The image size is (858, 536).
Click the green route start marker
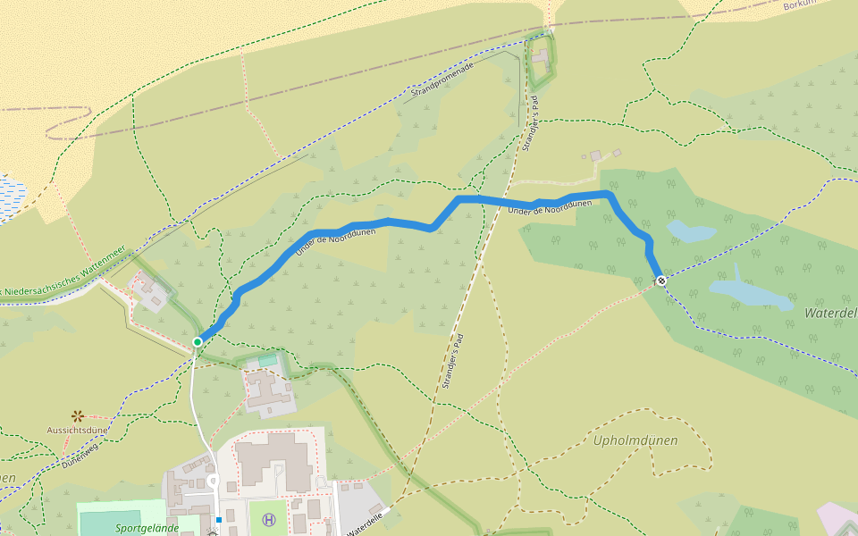(x=198, y=341)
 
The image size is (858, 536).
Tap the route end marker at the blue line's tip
(x=661, y=281)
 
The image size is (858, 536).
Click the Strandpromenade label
(x=442, y=80)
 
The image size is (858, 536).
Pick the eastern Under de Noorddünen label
(x=550, y=206)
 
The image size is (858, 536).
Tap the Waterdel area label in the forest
(x=830, y=314)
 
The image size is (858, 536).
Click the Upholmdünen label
(x=635, y=440)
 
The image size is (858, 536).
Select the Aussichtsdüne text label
(x=78, y=430)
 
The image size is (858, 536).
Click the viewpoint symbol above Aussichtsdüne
(x=78, y=415)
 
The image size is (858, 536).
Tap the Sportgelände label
(x=147, y=528)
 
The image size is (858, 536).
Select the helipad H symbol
(x=267, y=519)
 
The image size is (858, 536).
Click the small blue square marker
(x=218, y=519)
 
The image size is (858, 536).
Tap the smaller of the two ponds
(x=691, y=231)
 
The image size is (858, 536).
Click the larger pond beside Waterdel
(x=749, y=293)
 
